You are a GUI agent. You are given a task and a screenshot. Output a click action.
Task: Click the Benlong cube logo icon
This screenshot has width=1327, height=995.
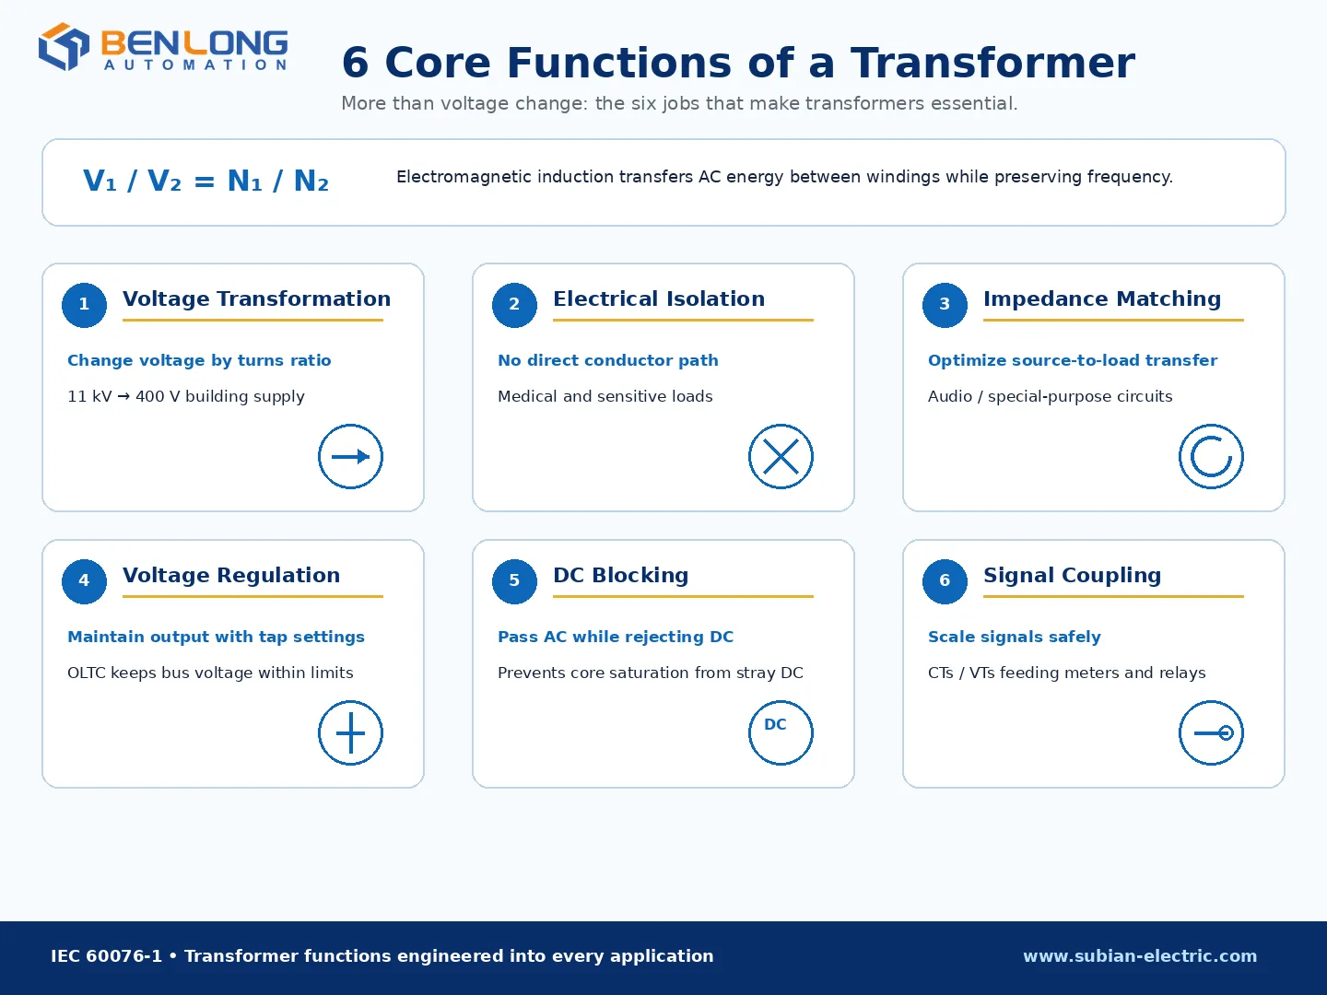click(64, 46)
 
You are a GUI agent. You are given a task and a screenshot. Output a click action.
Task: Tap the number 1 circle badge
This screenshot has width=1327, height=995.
click(84, 305)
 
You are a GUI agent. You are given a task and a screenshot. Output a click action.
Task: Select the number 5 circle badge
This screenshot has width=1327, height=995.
click(514, 581)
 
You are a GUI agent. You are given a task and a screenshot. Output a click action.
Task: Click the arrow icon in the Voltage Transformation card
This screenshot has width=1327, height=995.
click(351, 457)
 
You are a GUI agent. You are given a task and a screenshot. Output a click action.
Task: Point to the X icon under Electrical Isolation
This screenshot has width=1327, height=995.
click(781, 457)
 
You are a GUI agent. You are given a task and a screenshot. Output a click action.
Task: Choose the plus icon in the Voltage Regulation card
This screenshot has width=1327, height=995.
click(351, 732)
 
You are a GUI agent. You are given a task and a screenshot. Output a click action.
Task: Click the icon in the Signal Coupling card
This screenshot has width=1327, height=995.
click(1211, 732)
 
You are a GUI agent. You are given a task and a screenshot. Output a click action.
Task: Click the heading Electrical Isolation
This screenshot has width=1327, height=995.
click(659, 299)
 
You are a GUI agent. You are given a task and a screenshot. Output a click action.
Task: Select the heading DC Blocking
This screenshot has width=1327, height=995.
click(621, 575)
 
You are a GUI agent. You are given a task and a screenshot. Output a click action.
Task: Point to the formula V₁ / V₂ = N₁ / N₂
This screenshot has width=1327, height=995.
click(206, 181)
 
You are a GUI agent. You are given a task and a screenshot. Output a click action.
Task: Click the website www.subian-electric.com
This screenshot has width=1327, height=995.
click(1140, 955)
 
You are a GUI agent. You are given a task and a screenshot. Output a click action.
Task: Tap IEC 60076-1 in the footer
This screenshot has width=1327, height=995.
click(106, 955)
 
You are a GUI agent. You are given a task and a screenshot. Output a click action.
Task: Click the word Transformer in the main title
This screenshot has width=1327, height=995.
click(993, 63)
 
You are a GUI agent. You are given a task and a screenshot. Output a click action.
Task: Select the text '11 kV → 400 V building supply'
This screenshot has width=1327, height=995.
click(186, 396)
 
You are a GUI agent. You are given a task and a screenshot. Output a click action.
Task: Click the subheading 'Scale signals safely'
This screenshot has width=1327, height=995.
click(1015, 637)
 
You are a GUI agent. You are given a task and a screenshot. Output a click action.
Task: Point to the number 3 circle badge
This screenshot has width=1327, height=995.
click(945, 305)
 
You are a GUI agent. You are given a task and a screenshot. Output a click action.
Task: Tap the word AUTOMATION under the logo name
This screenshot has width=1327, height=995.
click(195, 64)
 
